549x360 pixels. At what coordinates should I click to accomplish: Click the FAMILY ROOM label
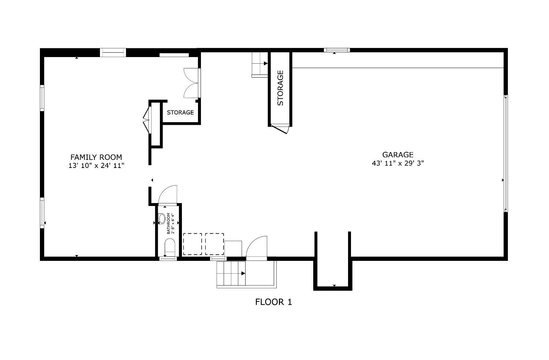click(96, 157)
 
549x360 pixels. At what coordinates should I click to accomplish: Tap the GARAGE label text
click(398, 155)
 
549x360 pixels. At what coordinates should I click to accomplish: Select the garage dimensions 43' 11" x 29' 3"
click(398, 163)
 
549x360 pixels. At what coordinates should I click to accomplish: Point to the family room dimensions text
click(96, 166)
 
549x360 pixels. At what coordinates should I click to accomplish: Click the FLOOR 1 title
click(273, 302)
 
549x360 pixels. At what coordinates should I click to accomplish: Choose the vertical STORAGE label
click(280, 88)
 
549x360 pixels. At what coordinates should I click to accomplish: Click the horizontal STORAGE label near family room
click(180, 112)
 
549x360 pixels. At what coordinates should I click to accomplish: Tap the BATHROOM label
click(168, 224)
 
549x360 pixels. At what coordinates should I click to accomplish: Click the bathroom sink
click(162, 218)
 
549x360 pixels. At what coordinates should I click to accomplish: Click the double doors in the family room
click(192, 83)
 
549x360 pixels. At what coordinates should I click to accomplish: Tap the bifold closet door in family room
click(146, 120)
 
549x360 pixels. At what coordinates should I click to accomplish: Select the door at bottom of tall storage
click(281, 129)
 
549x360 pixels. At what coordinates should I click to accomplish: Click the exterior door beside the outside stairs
click(256, 247)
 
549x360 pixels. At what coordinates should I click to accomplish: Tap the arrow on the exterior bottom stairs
click(243, 273)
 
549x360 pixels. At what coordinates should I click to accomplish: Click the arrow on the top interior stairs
click(266, 63)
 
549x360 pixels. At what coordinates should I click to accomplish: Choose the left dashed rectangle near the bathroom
click(193, 244)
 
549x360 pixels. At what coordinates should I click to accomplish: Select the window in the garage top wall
click(337, 50)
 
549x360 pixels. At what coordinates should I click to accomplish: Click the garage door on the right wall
click(505, 153)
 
